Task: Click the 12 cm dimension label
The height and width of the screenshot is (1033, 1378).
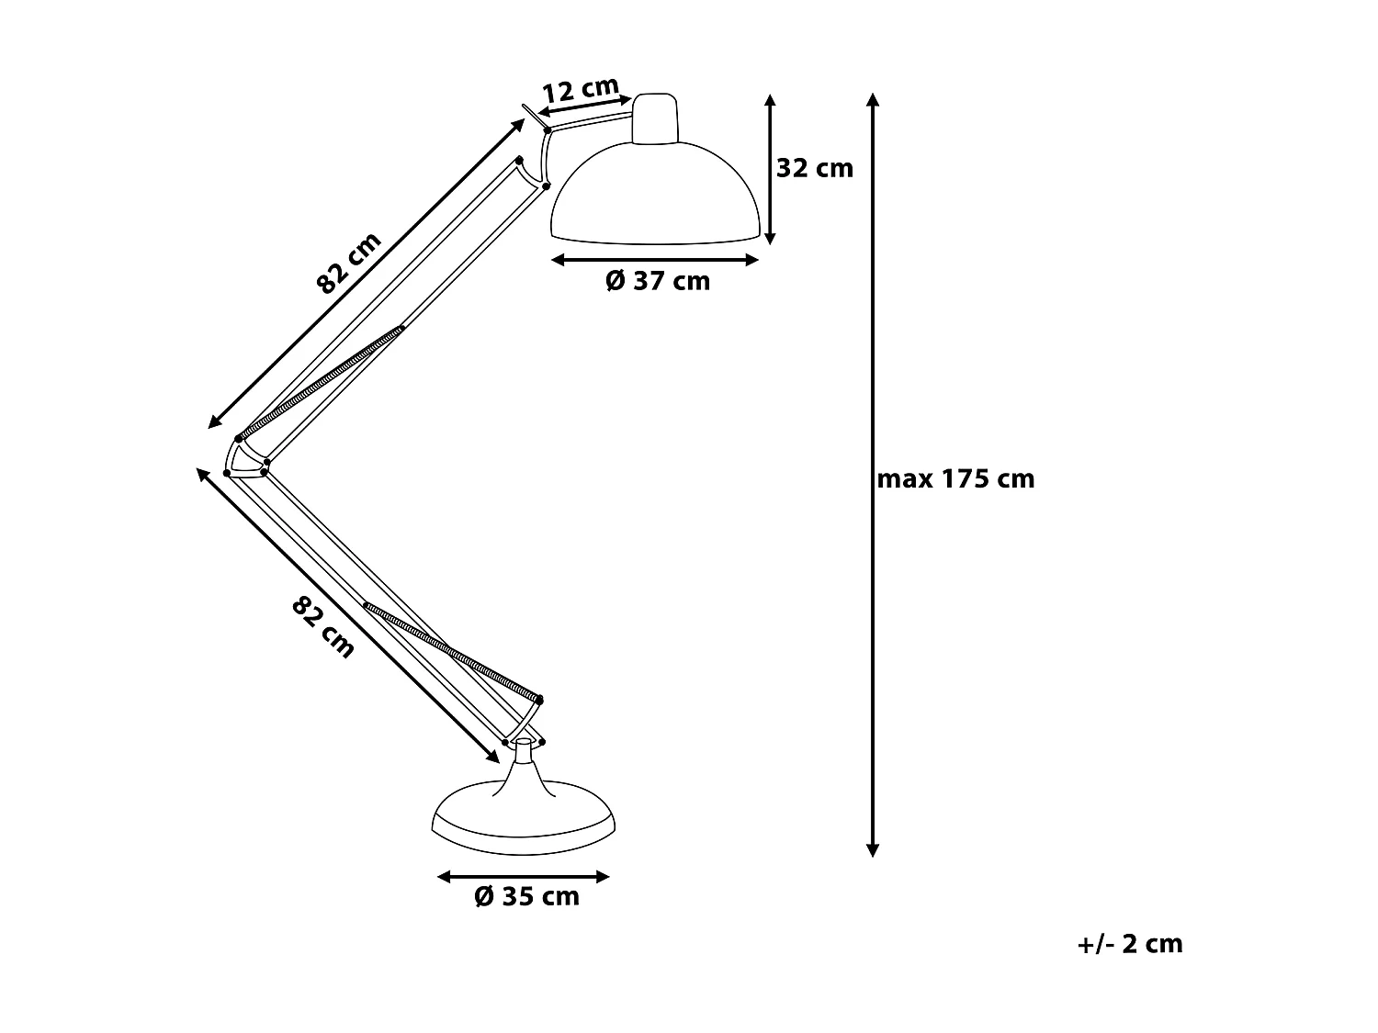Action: click(581, 89)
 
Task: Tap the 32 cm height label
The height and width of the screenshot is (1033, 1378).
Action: click(815, 168)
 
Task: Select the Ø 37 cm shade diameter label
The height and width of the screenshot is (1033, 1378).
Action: click(658, 281)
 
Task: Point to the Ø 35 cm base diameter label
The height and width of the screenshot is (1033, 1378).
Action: click(526, 896)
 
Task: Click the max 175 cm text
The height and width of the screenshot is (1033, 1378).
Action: click(955, 478)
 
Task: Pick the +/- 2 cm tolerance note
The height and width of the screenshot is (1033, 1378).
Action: click(1130, 944)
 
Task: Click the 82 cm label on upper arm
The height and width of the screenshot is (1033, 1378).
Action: click(349, 263)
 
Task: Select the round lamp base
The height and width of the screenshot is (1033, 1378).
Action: click(523, 820)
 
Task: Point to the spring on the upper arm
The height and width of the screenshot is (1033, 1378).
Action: click(321, 381)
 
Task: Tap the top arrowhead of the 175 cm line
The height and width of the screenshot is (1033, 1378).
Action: click(873, 98)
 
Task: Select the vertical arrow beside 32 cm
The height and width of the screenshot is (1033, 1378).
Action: click(770, 169)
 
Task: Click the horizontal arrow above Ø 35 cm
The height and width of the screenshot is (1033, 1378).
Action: click(524, 877)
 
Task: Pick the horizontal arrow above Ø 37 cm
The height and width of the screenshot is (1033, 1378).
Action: click(655, 260)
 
